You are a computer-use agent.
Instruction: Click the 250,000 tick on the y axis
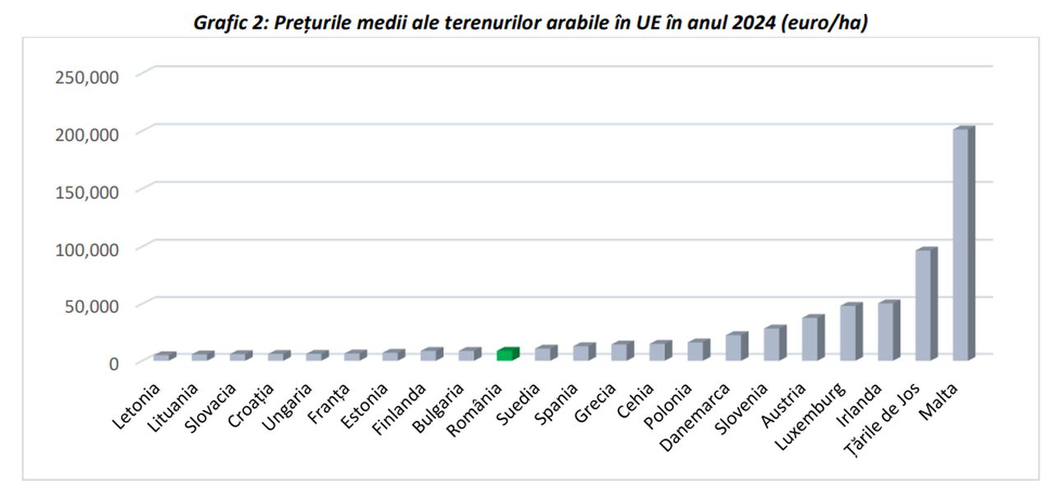(x=87, y=76)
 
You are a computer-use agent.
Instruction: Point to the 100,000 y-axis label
(x=87, y=248)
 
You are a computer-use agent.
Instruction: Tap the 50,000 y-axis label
(x=91, y=306)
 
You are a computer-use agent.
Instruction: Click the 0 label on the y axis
(x=114, y=363)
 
